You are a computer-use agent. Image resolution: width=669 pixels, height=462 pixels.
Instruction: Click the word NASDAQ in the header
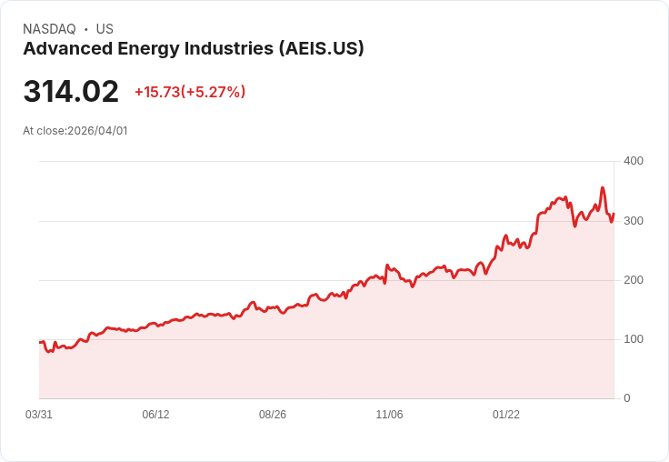(49, 29)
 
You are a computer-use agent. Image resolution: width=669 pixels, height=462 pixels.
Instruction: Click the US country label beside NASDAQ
(105, 29)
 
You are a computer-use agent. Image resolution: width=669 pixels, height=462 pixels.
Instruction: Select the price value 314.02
(71, 92)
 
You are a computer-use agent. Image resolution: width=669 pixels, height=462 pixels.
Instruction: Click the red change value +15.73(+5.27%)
(190, 92)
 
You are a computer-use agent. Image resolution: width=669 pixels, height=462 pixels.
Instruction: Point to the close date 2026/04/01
(97, 131)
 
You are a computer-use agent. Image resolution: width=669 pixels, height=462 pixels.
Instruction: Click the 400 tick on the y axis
(633, 161)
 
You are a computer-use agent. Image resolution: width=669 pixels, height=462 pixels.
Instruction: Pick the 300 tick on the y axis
(633, 221)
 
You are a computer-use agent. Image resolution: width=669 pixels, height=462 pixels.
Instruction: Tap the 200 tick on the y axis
(633, 280)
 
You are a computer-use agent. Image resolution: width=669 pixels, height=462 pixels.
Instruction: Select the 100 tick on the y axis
(633, 339)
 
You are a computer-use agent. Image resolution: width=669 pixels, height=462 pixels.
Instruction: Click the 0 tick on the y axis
(626, 398)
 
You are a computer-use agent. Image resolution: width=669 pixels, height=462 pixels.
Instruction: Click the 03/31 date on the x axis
(39, 415)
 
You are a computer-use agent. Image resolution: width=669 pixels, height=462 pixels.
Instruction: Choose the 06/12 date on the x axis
(155, 415)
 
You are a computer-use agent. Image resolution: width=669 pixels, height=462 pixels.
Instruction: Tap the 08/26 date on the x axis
(273, 415)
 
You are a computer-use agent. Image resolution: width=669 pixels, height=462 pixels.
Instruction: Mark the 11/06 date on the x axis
(389, 415)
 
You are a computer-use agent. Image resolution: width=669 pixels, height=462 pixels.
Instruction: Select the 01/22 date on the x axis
(506, 415)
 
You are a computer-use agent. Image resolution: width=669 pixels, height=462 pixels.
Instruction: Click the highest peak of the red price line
(602, 188)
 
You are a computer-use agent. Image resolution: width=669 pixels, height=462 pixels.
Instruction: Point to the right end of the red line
(614, 215)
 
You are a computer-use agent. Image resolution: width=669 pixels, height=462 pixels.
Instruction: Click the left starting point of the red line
(40, 343)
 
